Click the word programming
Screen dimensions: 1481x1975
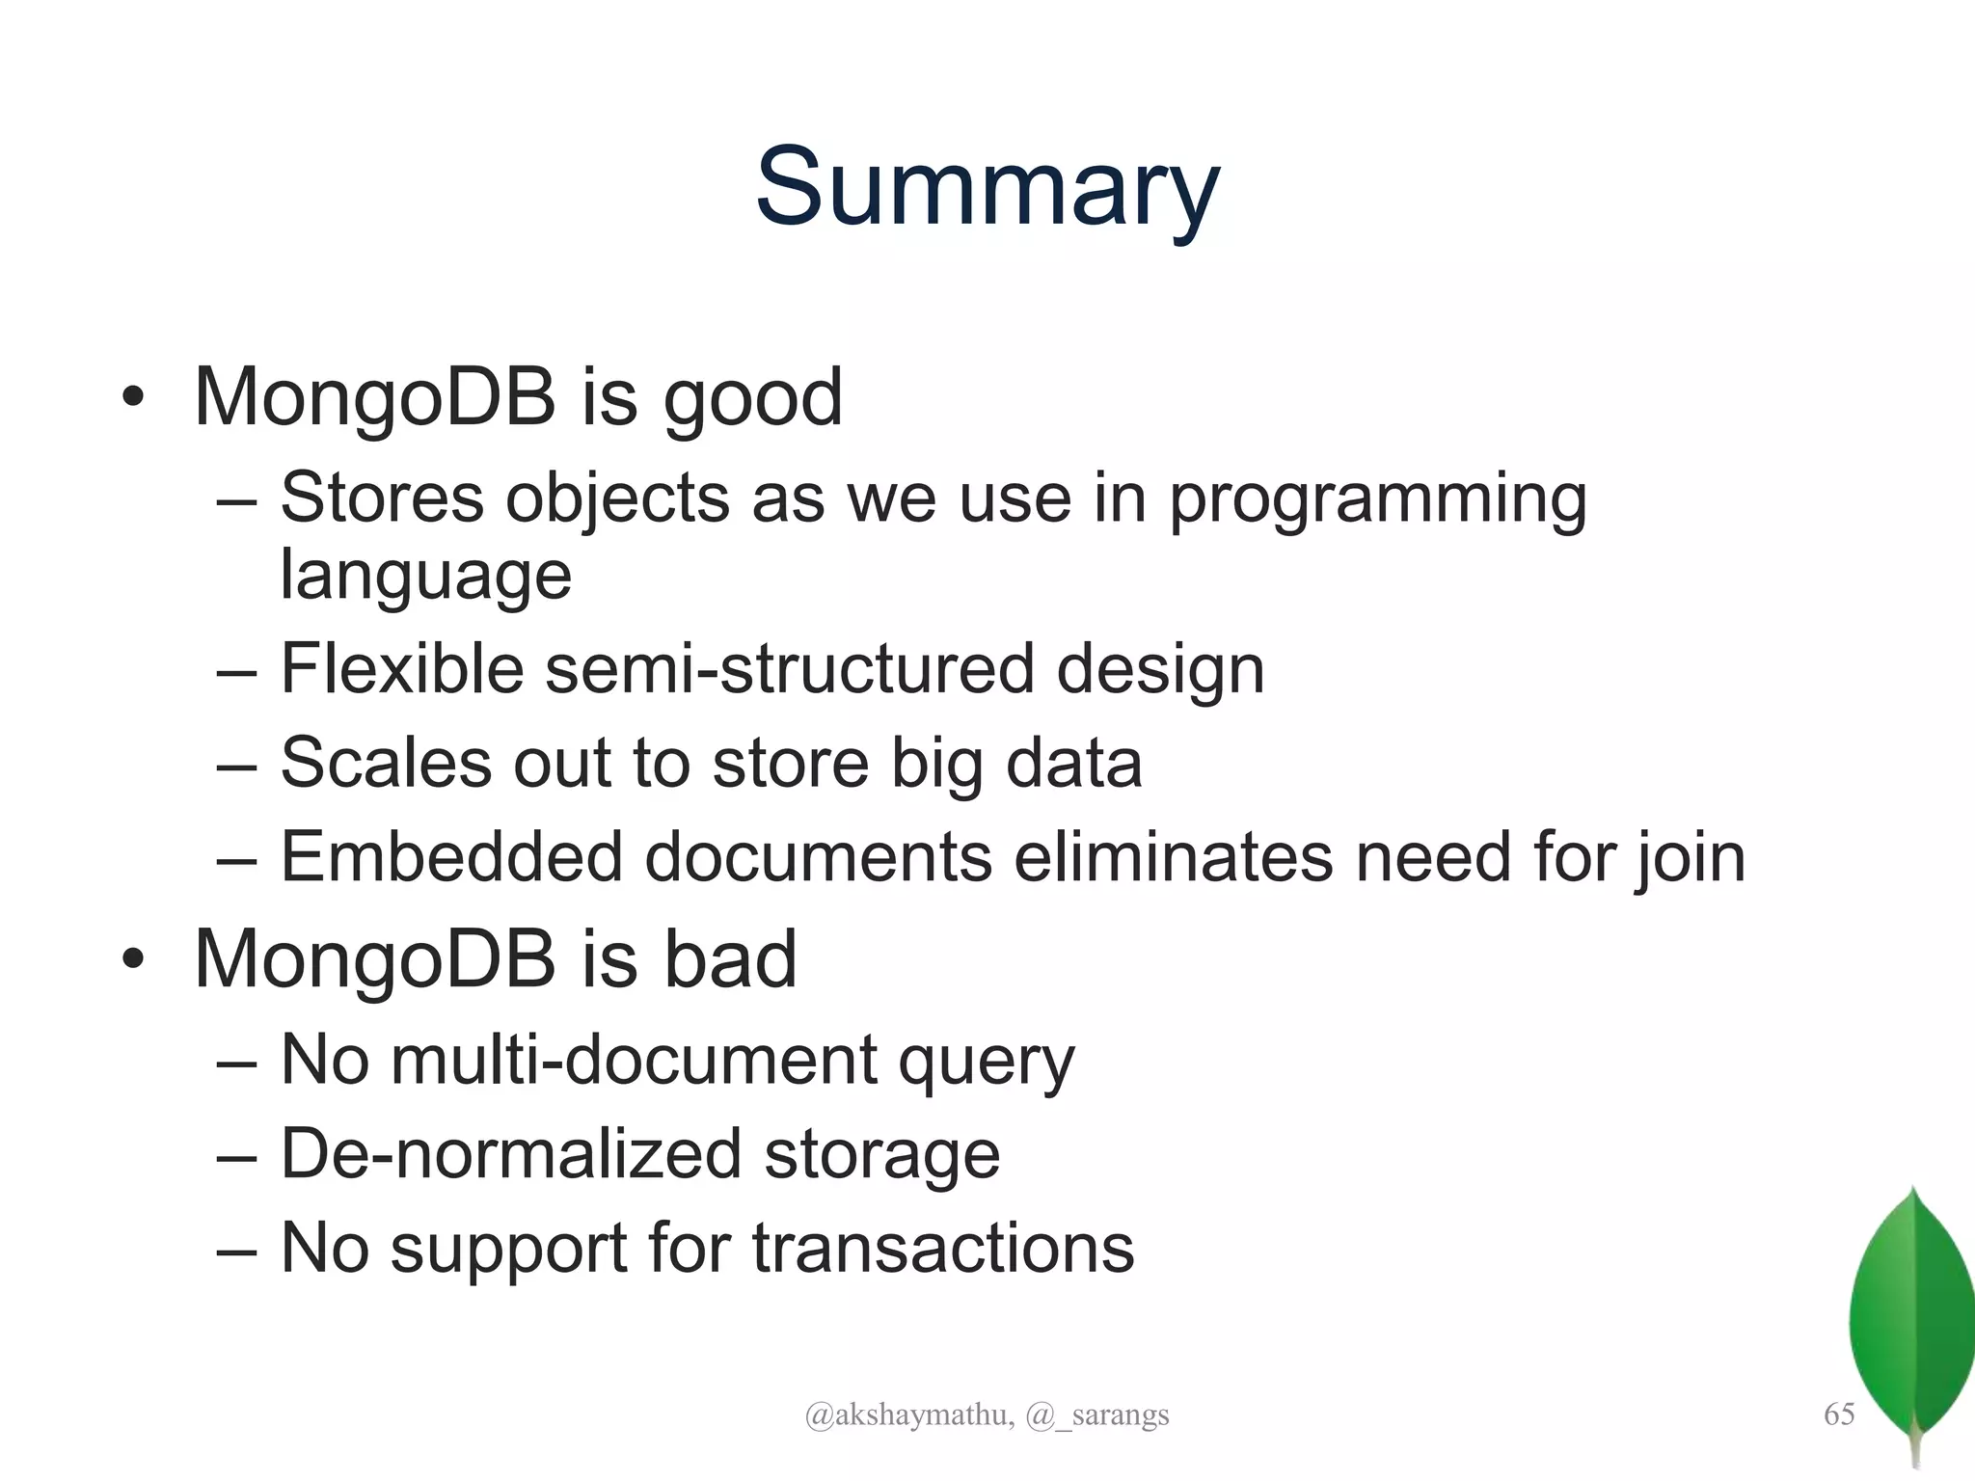pyautogui.click(x=1377, y=500)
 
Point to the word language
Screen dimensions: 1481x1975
pyautogui.click(x=425, y=576)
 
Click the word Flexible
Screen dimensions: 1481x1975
pyautogui.click(x=402, y=668)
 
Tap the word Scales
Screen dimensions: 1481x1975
pyautogui.click(x=386, y=763)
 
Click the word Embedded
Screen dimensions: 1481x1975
pyautogui.click(x=451, y=856)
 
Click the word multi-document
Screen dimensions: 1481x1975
pyautogui.click(x=634, y=1060)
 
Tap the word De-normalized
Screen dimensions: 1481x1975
pyautogui.click(x=510, y=1154)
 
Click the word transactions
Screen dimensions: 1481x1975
pyautogui.click(x=942, y=1248)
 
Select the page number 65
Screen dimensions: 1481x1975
pyautogui.click(x=1838, y=1414)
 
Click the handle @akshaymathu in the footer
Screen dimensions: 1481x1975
pyautogui.click(x=907, y=1415)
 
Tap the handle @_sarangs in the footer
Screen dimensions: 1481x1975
pyautogui.click(x=1097, y=1415)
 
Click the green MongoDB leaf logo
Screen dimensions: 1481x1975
pyautogui.click(x=1911, y=1321)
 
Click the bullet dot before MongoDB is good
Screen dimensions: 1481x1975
pyautogui.click(x=133, y=398)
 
